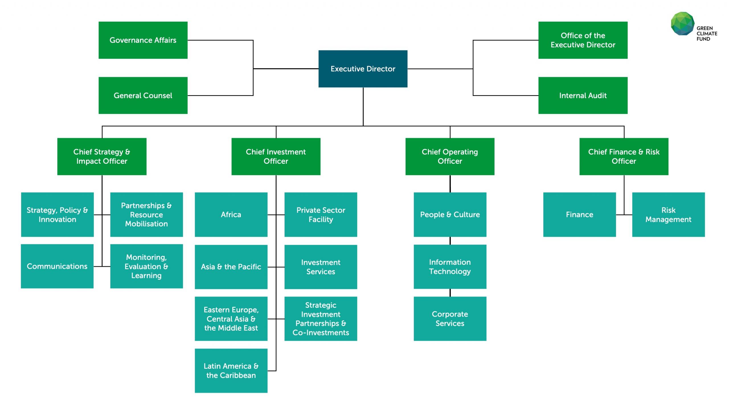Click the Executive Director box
point(363,69)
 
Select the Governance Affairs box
point(143,40)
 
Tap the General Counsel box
point(143,95)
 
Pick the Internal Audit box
point(583,95)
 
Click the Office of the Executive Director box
point(583,40)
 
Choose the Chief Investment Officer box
point(276,156)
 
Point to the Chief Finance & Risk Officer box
point(624,156)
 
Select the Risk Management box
point(668,214)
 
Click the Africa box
point(231,214)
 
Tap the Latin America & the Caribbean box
point(231,370)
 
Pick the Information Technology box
point(450,266)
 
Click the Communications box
point(57,266)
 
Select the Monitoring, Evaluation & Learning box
point(146,266)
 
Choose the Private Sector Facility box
point(321,214)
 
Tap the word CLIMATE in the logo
point(707,34)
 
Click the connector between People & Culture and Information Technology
point(450,241)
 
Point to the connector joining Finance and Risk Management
point(624,215)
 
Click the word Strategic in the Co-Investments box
point(321,305)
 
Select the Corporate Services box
point(450,319)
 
